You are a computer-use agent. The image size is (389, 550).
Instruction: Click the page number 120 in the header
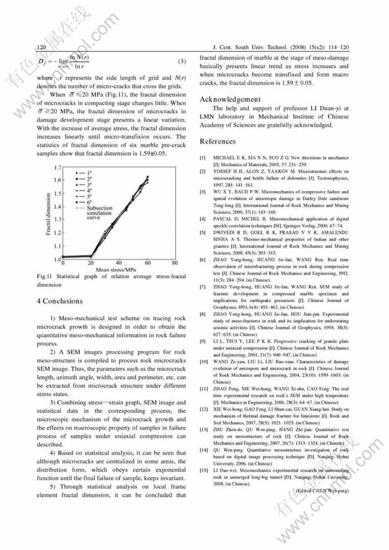(41, 48)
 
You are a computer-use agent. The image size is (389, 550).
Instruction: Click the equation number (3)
(182, 61)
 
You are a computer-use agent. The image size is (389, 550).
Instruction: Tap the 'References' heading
(217, 141)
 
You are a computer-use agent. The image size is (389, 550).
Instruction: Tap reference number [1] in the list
(203, 157)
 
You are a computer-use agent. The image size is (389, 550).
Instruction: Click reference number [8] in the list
(203, 314)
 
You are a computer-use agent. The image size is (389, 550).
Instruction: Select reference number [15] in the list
(203, 469)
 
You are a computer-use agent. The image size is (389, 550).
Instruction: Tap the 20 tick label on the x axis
(90, 263)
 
